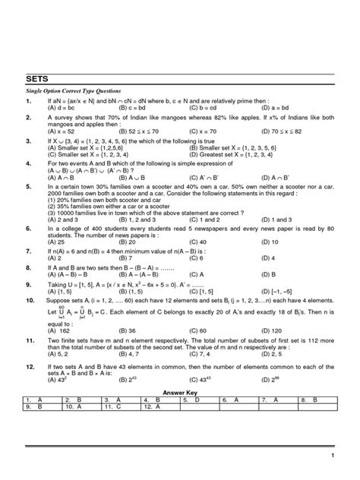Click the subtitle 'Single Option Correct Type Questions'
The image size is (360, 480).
[75, 90]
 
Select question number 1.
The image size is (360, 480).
[28, 100]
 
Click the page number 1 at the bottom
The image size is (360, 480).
[333, 455]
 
